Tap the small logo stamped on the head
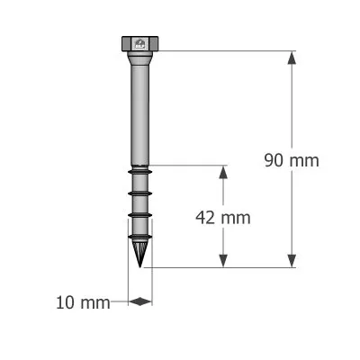139,42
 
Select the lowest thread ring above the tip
139,237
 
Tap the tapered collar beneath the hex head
139,58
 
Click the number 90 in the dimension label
274,160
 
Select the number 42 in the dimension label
206,217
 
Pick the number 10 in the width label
66,302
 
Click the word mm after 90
304,160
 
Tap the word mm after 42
236,217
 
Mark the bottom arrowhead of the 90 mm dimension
292,260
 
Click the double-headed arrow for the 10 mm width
140,302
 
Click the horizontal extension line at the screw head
225,51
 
